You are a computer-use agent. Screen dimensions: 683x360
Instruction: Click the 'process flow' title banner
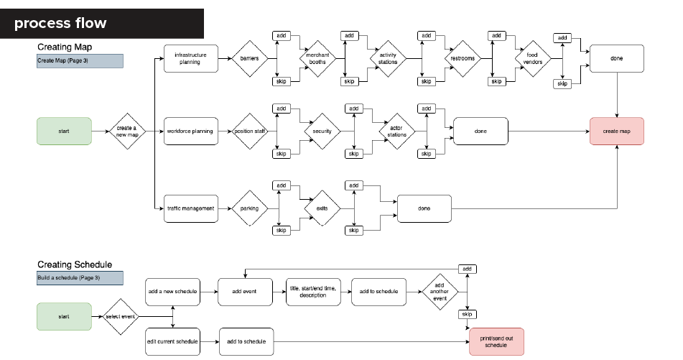pyautogui.click(x=102, y=24)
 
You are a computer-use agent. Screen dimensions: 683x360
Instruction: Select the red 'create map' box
pyautogui.click(x=617, y=131)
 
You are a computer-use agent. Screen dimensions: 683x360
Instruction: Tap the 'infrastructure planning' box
pyautogui.click(x=191, y=58)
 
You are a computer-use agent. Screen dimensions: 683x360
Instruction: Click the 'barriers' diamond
pyautogui.click(x=250, y=58)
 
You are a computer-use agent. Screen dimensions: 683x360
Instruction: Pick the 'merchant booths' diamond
pyautogui.click(x=318, y=58)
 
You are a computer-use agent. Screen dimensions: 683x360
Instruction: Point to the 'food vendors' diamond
pyautogui.click(x=533, y=58)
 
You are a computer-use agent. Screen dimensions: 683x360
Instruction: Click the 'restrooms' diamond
pyautogui.click(x=463, y=58)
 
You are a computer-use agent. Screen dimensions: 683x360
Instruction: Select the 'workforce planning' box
pyautogui.click(x=191, y=131)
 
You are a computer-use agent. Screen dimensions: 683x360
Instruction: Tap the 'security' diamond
pyautogui.click(x=322, y=131)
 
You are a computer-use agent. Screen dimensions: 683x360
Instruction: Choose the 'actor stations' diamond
pyautogui.click(x=397, y=131)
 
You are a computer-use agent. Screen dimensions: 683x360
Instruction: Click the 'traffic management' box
pyautogui.click(x=191, y=209)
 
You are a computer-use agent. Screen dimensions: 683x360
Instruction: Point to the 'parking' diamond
pyautogui.click(x=250, y=208)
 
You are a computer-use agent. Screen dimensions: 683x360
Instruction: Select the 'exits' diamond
pyautogui.click(x=322, y=208)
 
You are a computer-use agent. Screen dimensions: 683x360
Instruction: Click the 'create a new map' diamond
pyautogui.click(x=127, y=131)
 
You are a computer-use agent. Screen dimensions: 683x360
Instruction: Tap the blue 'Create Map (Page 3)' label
pyautogui.click(x=80, y=61)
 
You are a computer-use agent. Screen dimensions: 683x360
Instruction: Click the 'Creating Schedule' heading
pyautogui.click(x=75, y=264)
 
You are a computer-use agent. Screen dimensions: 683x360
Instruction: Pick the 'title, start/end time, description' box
pyautogui.click(x=313, y=292)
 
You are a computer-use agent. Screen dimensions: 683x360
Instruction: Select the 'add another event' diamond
pyautogui.click(x=440, y=292)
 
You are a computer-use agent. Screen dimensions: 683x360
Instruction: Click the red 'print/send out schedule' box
pyautogui.click(x=496, y=342)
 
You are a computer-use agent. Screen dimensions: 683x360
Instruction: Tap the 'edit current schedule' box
pyautogui.click(x=173, y=342)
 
